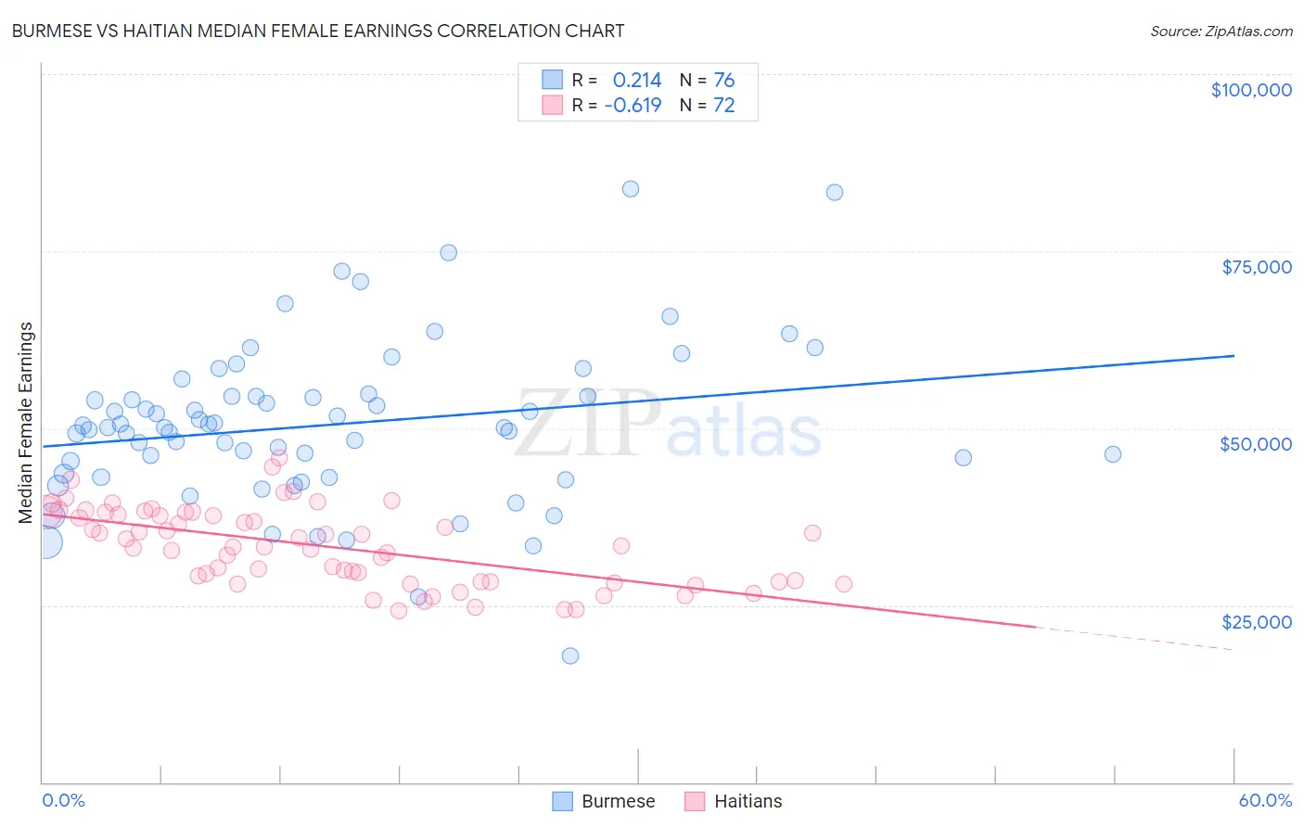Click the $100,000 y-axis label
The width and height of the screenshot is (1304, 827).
[1251, 90]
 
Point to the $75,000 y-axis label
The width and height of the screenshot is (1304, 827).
[1257, 267]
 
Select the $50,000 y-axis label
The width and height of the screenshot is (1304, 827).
[1256, 444]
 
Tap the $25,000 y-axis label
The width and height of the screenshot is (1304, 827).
[1257, 622]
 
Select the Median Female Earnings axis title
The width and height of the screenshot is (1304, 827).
[26, 423]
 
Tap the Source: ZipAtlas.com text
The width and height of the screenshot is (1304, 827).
[1221, 32]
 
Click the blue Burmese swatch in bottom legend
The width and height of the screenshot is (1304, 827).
[563, 801]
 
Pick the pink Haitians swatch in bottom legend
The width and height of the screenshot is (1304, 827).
[696, 801]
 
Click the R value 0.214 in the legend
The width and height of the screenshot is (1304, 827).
[637, 81]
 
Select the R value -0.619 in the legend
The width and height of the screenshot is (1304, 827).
[633, 106]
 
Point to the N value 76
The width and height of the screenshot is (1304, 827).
[724, 81]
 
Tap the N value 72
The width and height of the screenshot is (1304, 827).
[724, 106]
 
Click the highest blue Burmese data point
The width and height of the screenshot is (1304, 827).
[631, 189]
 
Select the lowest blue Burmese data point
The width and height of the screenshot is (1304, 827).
[570, 655]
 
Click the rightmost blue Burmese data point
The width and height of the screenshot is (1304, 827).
[1113, 454]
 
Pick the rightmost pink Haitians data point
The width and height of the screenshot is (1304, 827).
[844, 584]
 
